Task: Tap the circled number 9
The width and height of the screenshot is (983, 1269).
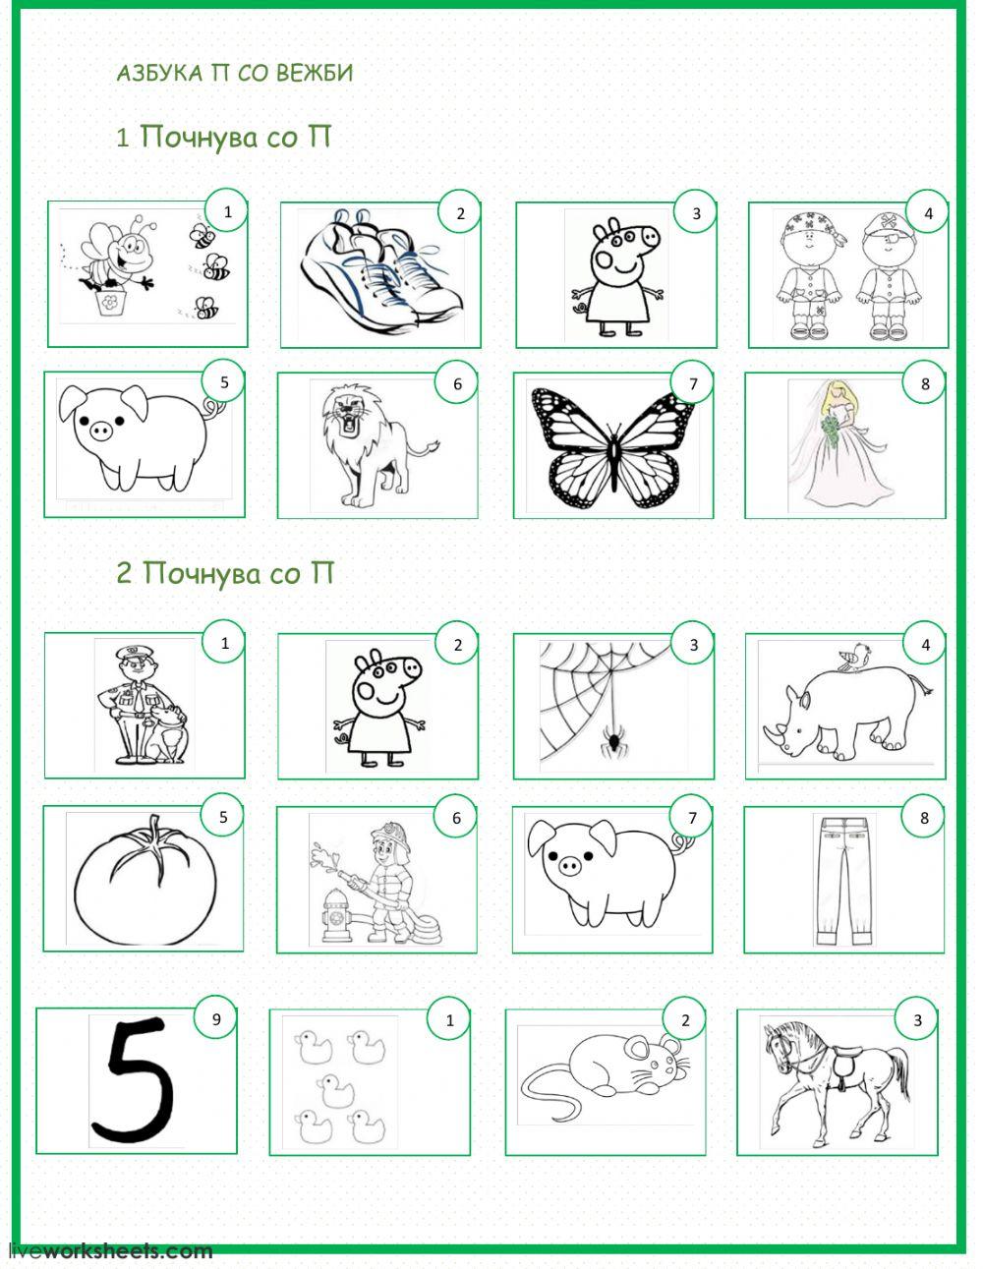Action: tap(216, 1019)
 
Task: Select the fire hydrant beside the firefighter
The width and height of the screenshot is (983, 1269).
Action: tap(337, 914)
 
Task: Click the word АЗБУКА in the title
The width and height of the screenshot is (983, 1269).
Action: tap(159, 73)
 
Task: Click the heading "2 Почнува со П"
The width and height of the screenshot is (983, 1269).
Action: tap(225, 572)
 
